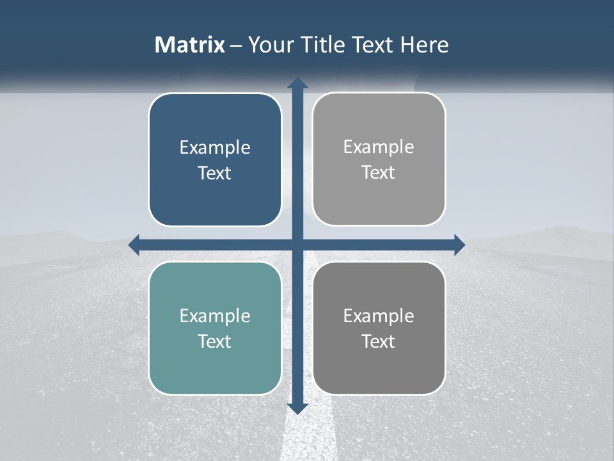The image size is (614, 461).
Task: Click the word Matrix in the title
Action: pyautogui.click(x=190, y=45)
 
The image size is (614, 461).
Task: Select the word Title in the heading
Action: pyautogui.click(x=326, y=45)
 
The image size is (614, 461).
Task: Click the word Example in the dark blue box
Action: pyautogui.click(x=215, y=148)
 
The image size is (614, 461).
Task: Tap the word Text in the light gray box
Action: pyautogui.click(x=378, y=173)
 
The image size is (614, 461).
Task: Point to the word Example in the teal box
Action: pyautogui.click(x=215, y=316)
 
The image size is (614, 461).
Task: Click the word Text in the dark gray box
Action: pyautogui.click(x=378, y=342)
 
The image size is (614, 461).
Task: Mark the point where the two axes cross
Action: pyautogui.click(x=297, y=245)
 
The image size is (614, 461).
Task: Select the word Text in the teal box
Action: pyautogui.click(x=214, y=342)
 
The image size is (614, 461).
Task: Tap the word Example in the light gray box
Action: pyautogui.click(x=379, y=147)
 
